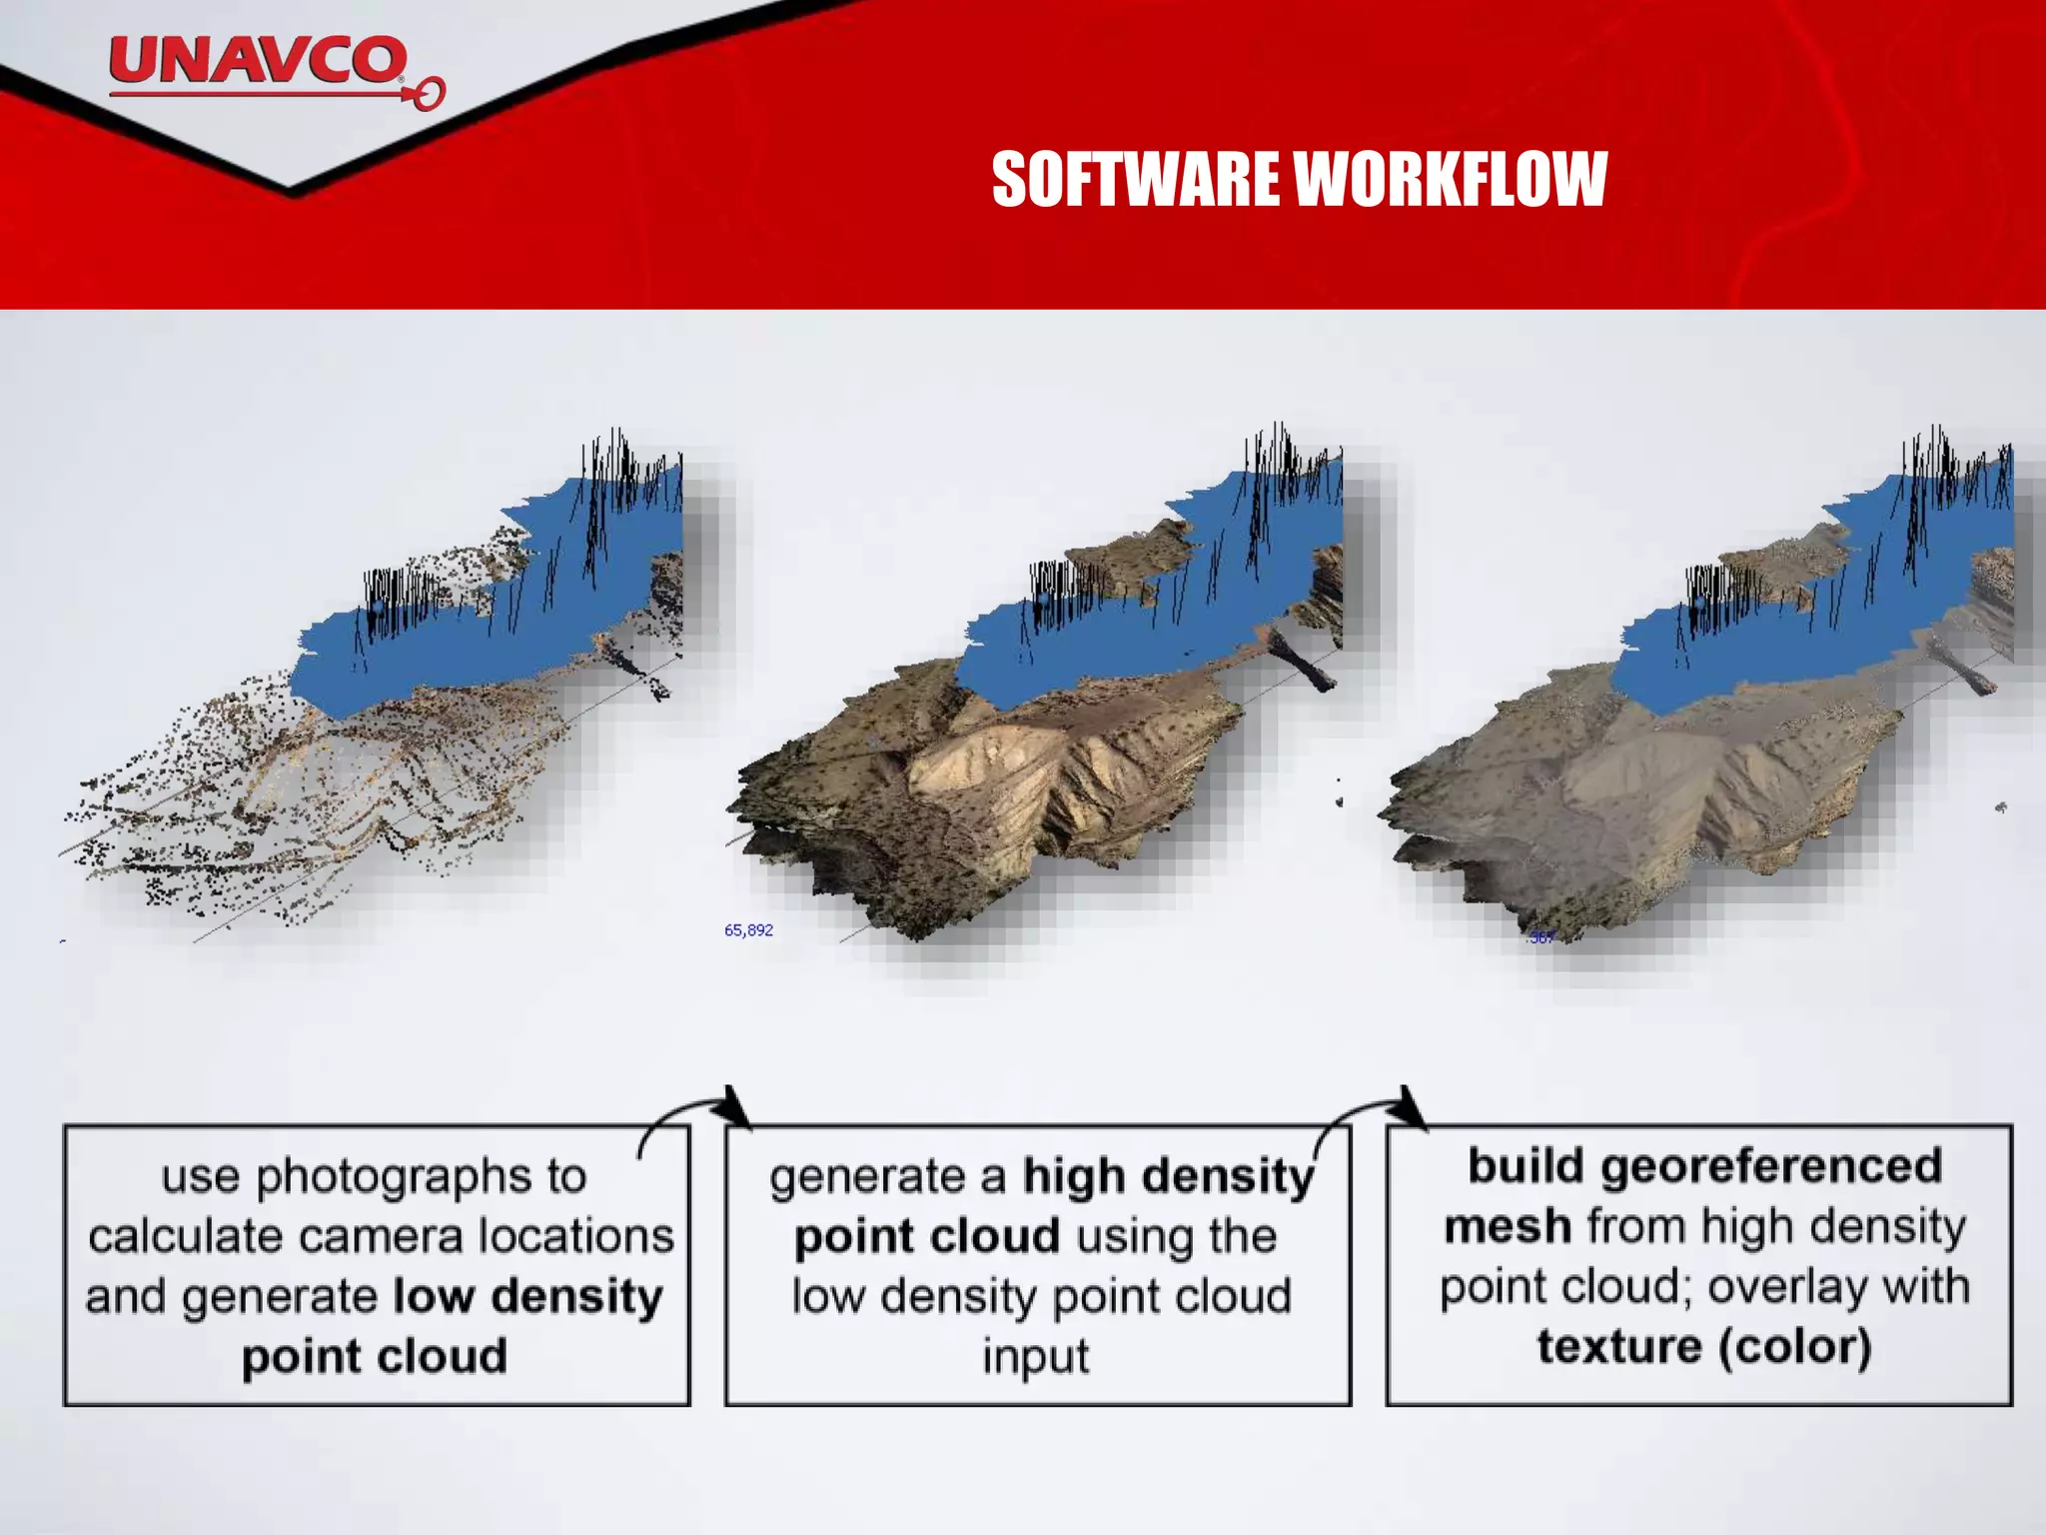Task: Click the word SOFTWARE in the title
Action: click(1135, 180)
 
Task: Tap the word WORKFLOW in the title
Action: click(1450, 180)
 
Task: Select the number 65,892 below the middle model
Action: click(748, 930)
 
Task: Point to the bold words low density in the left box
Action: click(527, 1296)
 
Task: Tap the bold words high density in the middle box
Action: click(1167, 1176)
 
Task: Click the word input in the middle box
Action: click(1035, 1356)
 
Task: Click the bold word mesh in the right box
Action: click(1508, 1226)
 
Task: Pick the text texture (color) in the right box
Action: click(1703, 1346)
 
